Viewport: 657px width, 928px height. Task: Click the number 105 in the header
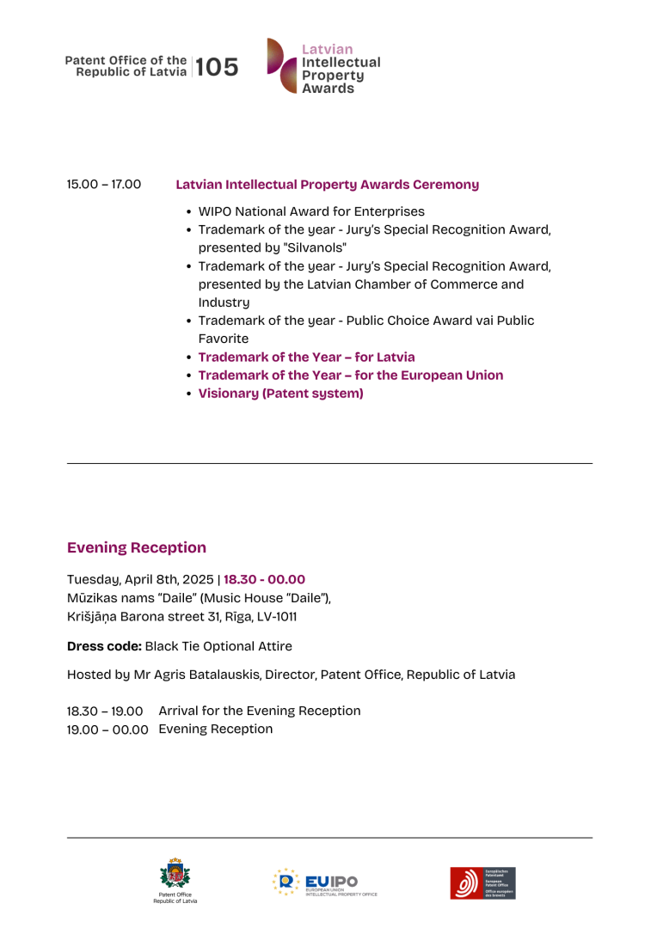[218, 67]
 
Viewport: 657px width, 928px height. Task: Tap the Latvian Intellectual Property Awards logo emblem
[282, 66]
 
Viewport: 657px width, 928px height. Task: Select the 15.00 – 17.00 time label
[104, 185]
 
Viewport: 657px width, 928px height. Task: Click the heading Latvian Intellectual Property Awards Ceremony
[327, 185]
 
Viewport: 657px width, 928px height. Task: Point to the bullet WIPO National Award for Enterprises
[311, 211]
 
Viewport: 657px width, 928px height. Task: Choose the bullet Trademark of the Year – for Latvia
[306, 357]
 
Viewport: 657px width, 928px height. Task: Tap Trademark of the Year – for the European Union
[351, 375]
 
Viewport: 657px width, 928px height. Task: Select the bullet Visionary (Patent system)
[280, 394]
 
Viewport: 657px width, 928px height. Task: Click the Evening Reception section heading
[137, 548]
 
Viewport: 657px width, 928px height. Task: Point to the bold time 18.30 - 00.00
[264, 580]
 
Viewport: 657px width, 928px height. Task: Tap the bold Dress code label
[104, 646]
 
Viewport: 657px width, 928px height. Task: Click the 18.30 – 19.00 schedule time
[105, 711]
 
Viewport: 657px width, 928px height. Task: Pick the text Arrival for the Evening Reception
[260, 711]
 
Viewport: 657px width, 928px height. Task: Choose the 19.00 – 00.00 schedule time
[107, 730]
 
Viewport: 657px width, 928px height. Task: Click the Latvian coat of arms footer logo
[175, 876]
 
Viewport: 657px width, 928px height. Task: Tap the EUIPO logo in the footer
[325, 882]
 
